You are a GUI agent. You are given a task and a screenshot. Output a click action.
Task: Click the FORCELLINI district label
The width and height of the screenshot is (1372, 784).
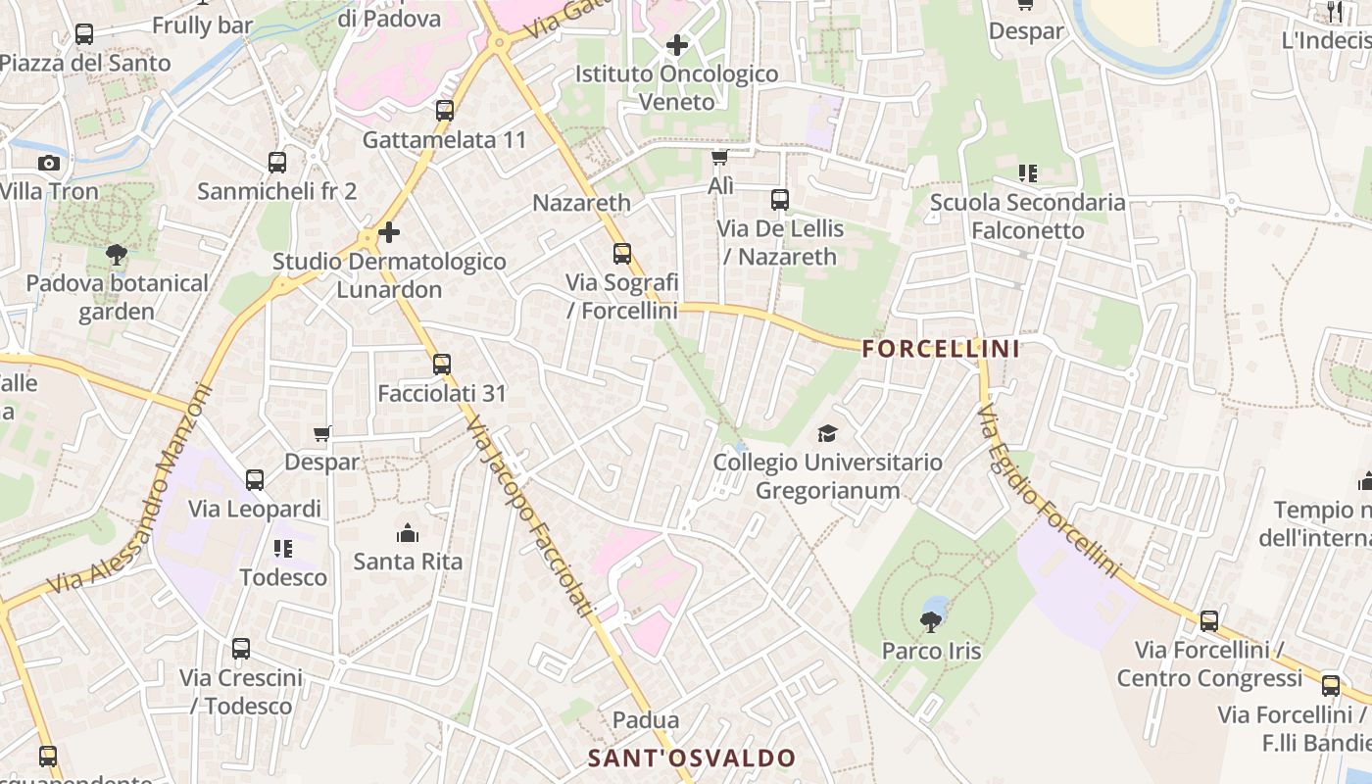click(x=941, y=348)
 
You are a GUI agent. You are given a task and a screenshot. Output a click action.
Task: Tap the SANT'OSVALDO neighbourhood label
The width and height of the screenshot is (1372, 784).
click(x=692, y=758)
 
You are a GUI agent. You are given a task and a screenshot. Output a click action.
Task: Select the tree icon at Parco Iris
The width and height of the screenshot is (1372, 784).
click(x=930, y=620)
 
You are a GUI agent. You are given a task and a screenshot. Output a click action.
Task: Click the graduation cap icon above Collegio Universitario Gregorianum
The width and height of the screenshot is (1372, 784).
click(x=828, y=433)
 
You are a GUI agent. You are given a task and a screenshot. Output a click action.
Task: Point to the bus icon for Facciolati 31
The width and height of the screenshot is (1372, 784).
click(x=442, y=365)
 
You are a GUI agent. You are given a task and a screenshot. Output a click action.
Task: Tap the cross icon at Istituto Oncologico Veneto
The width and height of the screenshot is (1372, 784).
click(x=676, y=45)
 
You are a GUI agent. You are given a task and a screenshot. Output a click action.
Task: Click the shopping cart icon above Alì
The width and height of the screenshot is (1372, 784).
click(x=720, y=157)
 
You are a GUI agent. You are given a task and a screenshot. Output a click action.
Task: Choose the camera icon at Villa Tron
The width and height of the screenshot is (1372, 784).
click(x=49, y=163)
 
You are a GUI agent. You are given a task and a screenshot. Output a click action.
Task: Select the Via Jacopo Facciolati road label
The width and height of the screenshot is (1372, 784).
click(x=530, y=516)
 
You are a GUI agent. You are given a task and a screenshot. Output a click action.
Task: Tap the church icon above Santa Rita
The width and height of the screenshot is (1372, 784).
click(x=408, y=533)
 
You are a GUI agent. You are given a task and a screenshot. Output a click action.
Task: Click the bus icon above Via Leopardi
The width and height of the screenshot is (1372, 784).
click(x=255, y=480)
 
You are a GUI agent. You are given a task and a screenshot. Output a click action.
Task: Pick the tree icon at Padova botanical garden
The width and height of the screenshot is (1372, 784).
click(x=117, y=255)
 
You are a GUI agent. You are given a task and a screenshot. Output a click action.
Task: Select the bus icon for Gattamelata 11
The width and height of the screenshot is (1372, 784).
click(x=445, y=111)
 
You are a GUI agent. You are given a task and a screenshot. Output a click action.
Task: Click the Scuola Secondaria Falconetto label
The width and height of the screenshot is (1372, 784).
click(x=1028, y=217)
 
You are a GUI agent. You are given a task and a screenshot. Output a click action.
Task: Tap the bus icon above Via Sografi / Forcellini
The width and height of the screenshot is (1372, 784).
click(x=622, y=254)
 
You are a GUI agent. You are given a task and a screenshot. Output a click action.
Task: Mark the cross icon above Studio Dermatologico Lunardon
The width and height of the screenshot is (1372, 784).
click(x=389, y=232)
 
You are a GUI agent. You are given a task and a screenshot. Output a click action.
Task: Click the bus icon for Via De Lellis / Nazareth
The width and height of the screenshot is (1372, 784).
click(x=780, y=200)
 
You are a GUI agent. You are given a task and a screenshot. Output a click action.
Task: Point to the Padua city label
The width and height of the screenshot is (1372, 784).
click(x=645, y=720)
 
